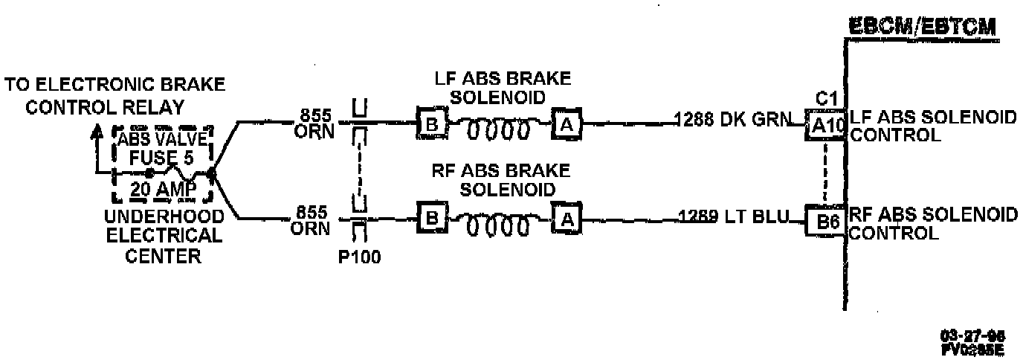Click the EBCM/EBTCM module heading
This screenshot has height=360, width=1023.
click(x=923, y=27)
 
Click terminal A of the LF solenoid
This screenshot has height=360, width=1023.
click(x=566, y=124)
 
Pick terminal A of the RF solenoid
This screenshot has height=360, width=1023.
click(x=566, y=219)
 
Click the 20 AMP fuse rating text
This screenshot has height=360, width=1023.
click(x=162, y=190)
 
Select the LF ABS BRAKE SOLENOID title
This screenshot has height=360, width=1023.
click(x=504, y=88)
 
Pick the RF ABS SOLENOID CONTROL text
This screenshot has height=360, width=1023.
click(x=933, y=224)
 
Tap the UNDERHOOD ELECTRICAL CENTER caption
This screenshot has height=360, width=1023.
click(x=164, y=237)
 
